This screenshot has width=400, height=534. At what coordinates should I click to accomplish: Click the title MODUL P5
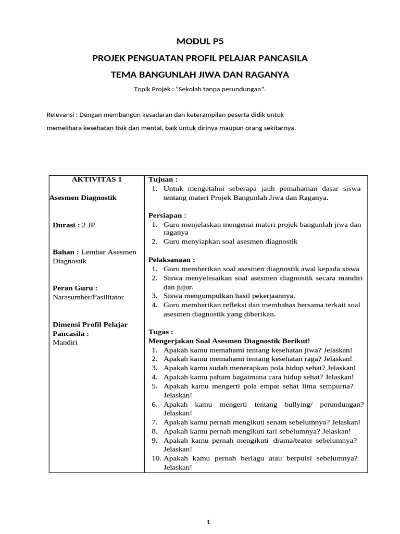coord(199,42)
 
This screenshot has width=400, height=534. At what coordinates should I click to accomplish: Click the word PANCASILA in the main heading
coord(283,58)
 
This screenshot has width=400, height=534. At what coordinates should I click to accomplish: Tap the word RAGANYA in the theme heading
coord(266,75)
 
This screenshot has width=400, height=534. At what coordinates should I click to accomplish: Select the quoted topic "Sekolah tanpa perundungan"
coord(220,89)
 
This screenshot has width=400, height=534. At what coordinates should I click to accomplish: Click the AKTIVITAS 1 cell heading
coord(96,179)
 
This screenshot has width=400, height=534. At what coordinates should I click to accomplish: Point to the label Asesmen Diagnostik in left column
coord(83,198)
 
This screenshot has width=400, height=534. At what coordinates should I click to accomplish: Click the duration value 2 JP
coord(89,225)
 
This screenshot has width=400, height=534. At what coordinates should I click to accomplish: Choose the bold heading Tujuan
coord(163,179)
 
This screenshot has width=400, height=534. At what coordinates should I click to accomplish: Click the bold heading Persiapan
coord(167,215)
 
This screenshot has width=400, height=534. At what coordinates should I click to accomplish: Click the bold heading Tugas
coord(160,332)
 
